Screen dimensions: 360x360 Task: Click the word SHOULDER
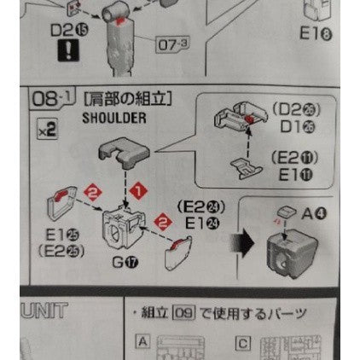pos(114,118)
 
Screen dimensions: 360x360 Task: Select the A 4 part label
pos(312,214)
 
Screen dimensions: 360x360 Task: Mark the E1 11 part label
pos(293,173)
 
